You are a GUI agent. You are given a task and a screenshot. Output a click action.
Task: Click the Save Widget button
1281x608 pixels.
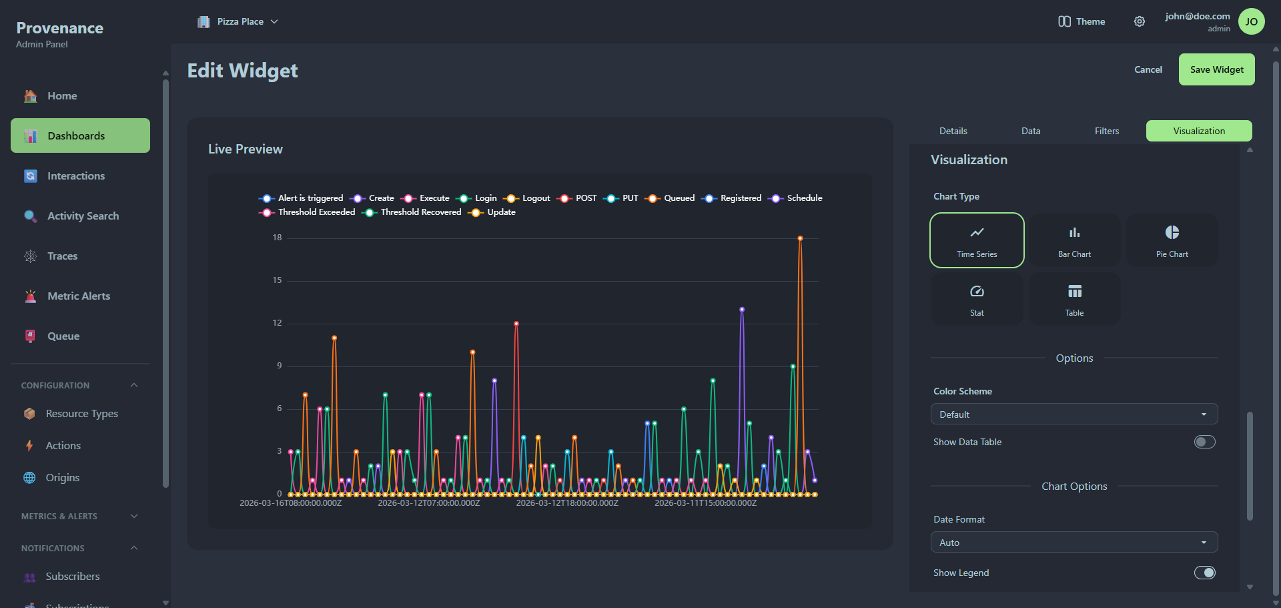click(1216, 69)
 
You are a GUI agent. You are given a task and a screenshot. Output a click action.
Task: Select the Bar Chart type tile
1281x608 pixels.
click(1074, 240)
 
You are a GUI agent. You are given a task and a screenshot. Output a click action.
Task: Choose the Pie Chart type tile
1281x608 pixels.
click(1172, 240)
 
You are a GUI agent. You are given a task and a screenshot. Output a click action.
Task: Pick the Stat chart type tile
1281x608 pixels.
click(976, 299)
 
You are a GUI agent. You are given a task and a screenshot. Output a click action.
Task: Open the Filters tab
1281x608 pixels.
click(1106, 131)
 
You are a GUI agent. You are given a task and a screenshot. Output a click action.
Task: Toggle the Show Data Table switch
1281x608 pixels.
click(1204, 442)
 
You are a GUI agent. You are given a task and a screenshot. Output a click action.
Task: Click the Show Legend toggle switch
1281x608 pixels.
click(1204, 573)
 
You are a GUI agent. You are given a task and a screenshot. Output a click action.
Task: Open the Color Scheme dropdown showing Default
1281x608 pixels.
click(1074, 414)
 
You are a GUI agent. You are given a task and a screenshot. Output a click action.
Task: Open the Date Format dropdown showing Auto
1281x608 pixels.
click(1074, 543)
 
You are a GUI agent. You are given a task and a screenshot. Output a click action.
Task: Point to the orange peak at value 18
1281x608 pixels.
click(800, 238)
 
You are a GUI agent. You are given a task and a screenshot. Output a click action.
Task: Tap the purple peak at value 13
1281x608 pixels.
click(742, 310)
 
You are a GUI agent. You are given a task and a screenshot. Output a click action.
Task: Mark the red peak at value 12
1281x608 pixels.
click(516, 324)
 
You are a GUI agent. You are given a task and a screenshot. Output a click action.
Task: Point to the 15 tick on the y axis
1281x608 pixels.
click(277, 280)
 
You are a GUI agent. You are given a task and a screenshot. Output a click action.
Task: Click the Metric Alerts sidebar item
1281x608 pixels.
click(79, 296)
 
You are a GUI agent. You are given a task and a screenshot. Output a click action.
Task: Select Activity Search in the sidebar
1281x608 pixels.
click(83, 216)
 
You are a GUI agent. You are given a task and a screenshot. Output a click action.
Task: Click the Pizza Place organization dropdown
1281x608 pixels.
click(238, 21)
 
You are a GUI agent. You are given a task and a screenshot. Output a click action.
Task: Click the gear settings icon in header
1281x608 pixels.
click(1140, 21)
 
